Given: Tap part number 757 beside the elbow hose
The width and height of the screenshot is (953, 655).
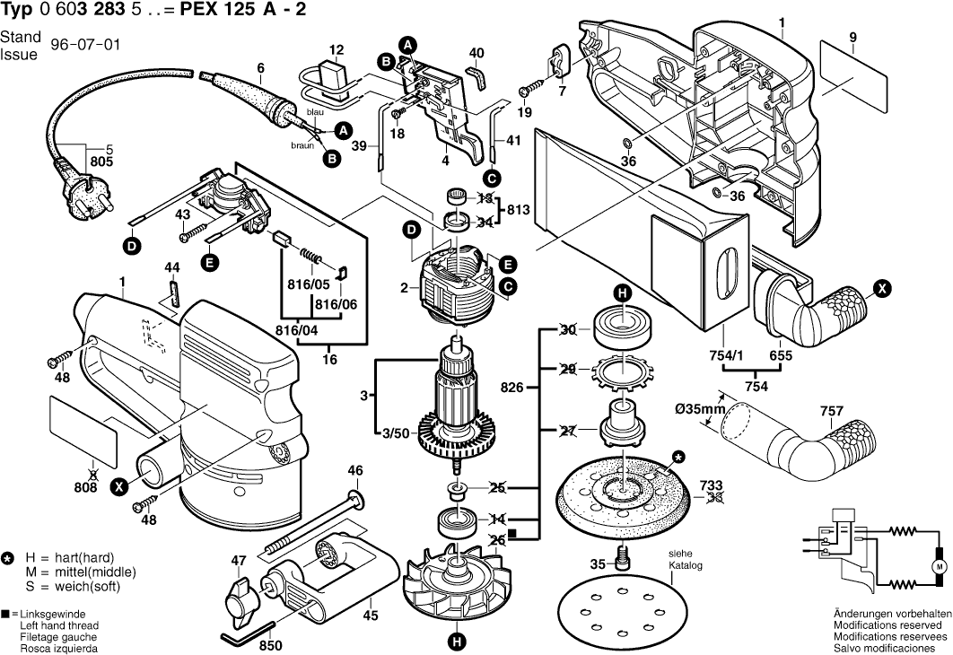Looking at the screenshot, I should click(x=831, y=413).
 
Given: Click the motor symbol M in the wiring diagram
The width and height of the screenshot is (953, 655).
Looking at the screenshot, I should click(x=940, y=567).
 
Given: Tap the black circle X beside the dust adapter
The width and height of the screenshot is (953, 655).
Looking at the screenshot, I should click(x=883, y=289).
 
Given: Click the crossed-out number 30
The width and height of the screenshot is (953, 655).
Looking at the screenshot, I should click(x=567, y=329).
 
